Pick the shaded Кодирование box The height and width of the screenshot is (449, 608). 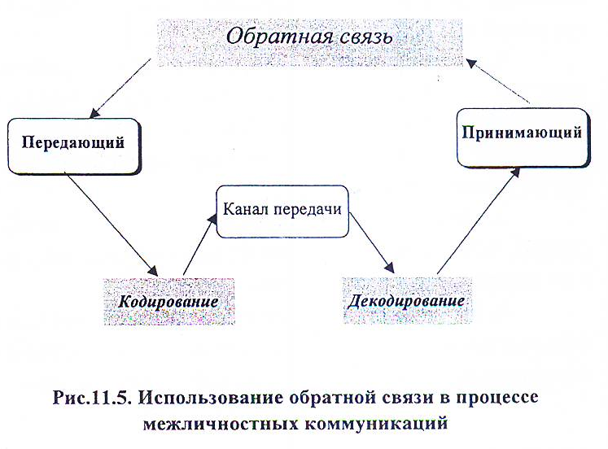168,301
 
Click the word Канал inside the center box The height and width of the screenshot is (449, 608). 247,209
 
